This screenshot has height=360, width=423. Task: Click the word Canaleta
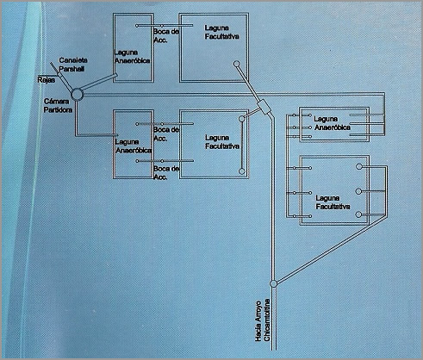(x=73, y=60)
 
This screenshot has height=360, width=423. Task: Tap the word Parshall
(x=72, y=69)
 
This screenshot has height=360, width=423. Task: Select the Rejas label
(x=46, y=80)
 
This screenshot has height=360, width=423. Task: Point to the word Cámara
(x=57, y=102)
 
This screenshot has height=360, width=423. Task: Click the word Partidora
(x=58, y=109)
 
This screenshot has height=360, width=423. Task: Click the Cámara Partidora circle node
(x=77, y=95)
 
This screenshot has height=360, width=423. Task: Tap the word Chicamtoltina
(x=267, y=320)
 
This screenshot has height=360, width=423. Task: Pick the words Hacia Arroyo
(x=258, y=321)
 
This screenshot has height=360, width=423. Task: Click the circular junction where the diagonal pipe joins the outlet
(x=274, y=283)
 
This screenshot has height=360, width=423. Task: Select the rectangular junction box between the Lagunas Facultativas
(x=264, y=107)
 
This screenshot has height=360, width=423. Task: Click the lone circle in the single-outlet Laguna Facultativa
(x=237, y=64)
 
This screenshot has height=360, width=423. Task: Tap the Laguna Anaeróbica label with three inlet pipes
(x=333, y=123)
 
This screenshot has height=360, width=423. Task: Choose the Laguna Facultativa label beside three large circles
(x=333, y=202)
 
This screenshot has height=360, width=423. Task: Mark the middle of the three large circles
(x=358, y=191)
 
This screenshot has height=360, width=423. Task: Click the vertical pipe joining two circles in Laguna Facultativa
(x=242, y=145)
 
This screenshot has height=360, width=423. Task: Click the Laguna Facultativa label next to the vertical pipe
(x=222, y=142)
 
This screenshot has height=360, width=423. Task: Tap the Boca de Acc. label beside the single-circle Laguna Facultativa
(x=166, y=35)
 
